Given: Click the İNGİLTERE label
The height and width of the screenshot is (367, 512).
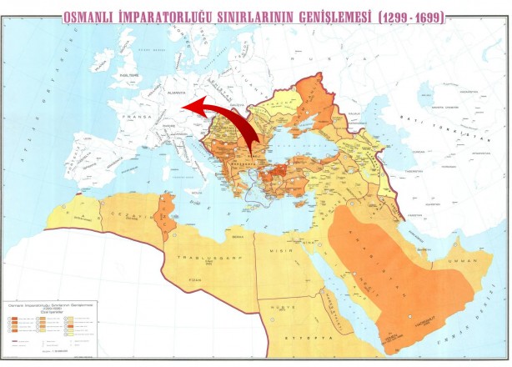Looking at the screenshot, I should (132, 74).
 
